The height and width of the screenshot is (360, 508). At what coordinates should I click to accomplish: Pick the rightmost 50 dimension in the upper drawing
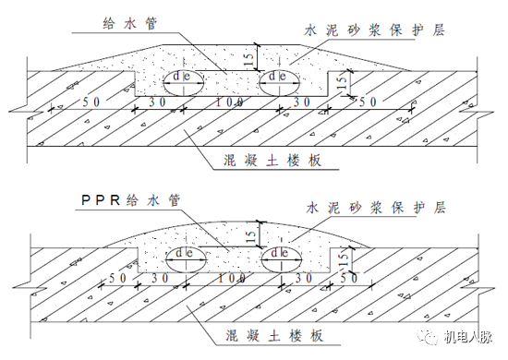pyautogui.click(x=367, y=100)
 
